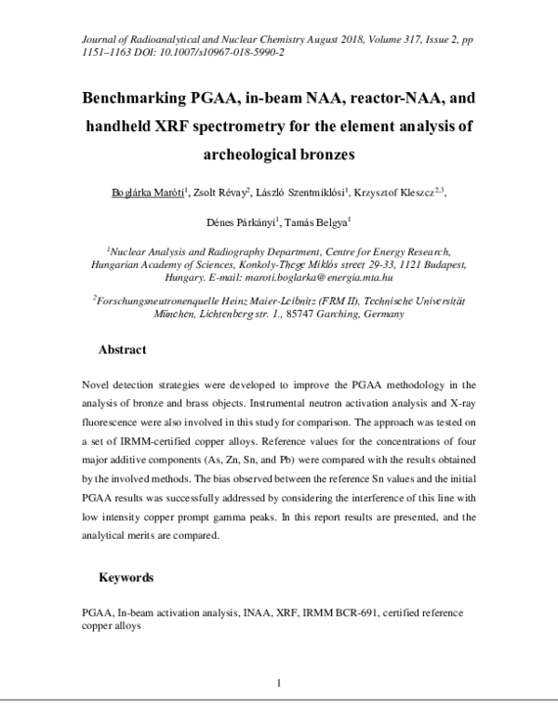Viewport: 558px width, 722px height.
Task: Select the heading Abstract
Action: (123, 350)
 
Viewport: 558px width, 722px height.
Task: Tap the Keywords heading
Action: (126, 577)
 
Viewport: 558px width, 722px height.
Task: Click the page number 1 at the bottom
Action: (279, 684)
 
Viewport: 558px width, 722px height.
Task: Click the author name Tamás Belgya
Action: (319, 222)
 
